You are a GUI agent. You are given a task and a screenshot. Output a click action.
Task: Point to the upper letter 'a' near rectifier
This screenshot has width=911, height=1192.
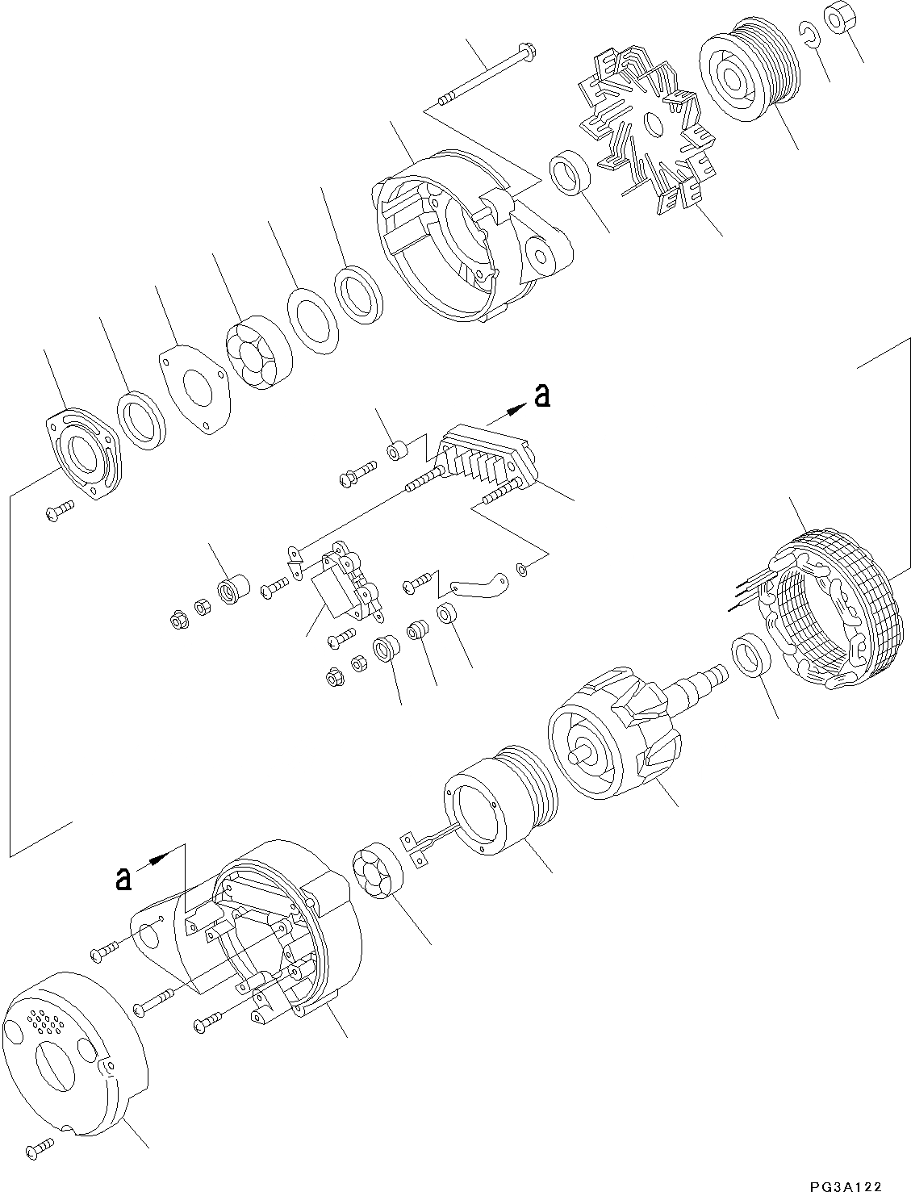542,395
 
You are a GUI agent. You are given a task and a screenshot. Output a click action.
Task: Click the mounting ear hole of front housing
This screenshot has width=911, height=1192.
539,257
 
